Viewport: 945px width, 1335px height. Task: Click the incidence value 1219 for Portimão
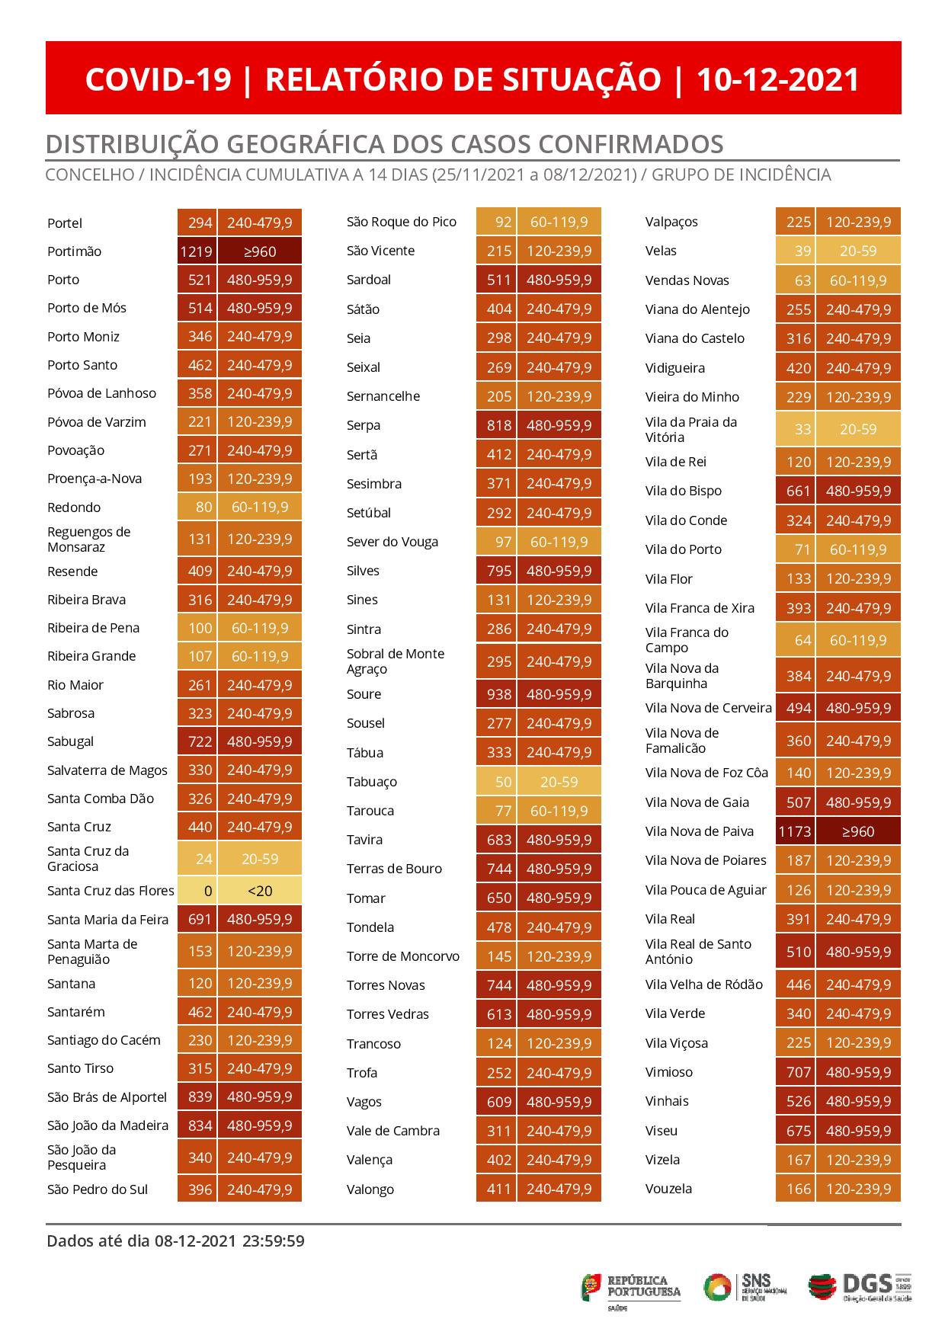197,251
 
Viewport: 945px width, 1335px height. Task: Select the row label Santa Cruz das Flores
111,890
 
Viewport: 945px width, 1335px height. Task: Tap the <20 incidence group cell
260,890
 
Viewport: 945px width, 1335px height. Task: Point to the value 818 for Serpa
499,425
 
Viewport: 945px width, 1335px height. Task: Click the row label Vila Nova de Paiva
700,831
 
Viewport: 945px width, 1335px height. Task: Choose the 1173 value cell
795,831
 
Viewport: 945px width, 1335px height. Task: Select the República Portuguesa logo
631,1289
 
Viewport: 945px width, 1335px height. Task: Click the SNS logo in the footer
745,1287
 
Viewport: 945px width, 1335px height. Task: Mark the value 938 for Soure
499,694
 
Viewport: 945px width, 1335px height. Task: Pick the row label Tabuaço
372,782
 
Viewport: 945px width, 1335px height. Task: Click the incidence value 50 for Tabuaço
503,782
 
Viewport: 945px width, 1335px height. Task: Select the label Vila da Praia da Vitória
691,430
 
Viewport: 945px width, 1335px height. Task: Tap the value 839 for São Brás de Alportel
200,1097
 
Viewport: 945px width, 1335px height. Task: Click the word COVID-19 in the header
158,79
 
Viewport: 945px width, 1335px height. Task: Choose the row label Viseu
661,1131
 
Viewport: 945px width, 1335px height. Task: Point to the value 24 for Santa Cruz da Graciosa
203,859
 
